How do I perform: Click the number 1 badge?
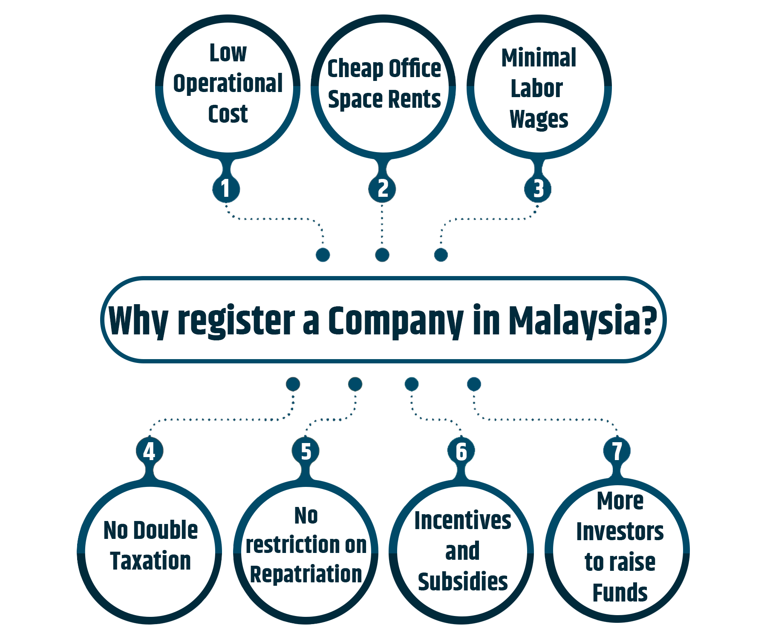(226, 188)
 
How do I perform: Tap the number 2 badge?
(382, 188)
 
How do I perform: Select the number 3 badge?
(538, 188)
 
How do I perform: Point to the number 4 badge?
(149, 451)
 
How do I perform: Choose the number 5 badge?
(306, 451)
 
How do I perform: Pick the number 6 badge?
(461, 451)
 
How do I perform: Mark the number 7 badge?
(617, 451)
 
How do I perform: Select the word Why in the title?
(138, 320)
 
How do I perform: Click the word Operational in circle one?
(228, 83)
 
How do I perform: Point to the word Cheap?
(355, 69)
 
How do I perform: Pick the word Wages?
(539, 119)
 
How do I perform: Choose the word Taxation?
(150, 561)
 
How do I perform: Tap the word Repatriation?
(306, 574)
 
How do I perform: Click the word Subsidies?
(463, 582)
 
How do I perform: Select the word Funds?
(620, 593)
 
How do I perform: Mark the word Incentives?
(463, 521)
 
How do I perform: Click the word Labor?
(537, 89)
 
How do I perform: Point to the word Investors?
(620, 532)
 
